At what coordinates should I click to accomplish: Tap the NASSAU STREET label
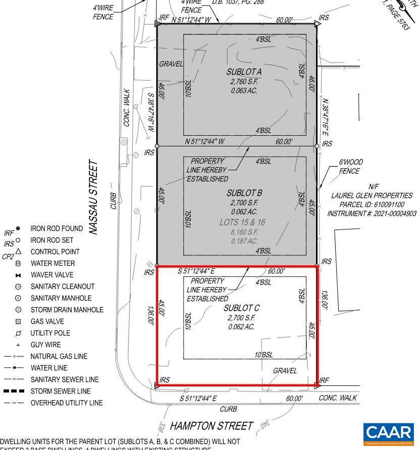tap(93, 197)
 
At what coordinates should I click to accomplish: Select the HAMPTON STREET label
tap(211, 426)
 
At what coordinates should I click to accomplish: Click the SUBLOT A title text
tap(244, 72)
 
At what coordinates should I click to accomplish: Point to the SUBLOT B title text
tap(244, 193)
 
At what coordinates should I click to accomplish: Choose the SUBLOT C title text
tap(241, 308)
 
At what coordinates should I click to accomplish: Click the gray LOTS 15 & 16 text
tap(242, 222)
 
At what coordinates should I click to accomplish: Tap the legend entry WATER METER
tap(53, 263)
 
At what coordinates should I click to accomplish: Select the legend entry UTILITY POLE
tap(50, 333)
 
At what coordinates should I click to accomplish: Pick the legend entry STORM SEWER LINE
tap(61, 391)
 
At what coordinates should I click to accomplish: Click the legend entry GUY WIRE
tap(45, 345)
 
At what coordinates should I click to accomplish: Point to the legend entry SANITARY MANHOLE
tap(61, 298)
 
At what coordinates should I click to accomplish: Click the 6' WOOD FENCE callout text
tap(350, 166)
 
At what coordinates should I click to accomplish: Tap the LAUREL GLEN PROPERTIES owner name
tap(372, 196)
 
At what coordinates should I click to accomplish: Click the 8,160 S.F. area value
tap(244, 232)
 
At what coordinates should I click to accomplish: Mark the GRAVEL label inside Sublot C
tap(285, 371)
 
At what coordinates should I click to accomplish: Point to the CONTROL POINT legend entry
tap(55, 252)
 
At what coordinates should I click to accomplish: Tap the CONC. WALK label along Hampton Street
tap(338, 398)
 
